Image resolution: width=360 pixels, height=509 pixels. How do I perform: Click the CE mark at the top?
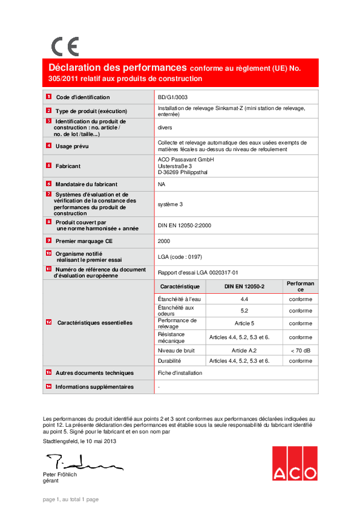pyautogui.click(x=65, y=47)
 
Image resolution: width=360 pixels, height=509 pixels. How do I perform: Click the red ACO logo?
pyautogui.click(x=294, y=463)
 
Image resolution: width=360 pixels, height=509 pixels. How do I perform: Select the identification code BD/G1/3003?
pyautogui.click(x=172, y=97)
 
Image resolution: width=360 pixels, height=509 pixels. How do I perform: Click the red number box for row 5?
pyautogui.click(x=48, y=165)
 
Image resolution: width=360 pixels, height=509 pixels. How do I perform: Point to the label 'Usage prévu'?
pyautogui.click(x=72, y=146)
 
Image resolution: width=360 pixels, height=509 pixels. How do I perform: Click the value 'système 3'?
pyautogui.click(x=170, y=204)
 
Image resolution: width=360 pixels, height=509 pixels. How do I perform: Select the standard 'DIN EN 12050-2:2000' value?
pyautogui.click(x=185, y=225)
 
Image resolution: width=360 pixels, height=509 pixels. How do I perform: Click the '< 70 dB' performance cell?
pyautogui.click(x=301, y=350)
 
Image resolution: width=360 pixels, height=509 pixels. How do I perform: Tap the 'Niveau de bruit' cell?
pyautogui.click(x=175, y=350)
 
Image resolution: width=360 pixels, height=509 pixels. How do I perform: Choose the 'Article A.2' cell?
pyautogui.click(x=244, y=350)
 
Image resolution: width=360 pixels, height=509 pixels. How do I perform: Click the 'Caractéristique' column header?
pyautogui.click(x=180, y=285)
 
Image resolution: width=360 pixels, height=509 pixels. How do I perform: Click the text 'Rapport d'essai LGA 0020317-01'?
pyautogui.click(x=198, y=273)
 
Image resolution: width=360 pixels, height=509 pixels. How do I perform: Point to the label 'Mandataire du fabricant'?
pyautogui.click(x=87, y=184)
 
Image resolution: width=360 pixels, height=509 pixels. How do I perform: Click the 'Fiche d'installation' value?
pyautogui.click(x=180, y=373)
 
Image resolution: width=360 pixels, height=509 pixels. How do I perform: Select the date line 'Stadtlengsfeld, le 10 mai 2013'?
pyautogui.click(x=80, y=441)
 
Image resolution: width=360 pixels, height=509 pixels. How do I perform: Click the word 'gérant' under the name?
pyautogui.click(x=51, y=481)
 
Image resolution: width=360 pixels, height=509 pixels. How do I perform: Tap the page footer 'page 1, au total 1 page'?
pyautogui.click(x=70, y=499)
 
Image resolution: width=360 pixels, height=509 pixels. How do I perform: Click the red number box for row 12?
pyautogui.click(x=48, y=323)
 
